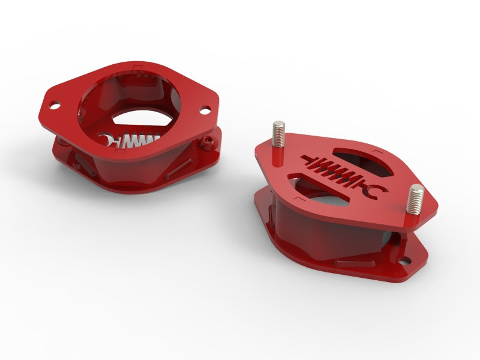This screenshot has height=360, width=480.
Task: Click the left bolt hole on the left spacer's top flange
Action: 55,106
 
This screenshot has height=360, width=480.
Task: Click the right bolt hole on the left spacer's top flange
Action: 205,110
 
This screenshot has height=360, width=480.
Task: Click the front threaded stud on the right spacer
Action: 415,199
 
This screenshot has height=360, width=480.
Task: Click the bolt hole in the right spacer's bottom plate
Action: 406,262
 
